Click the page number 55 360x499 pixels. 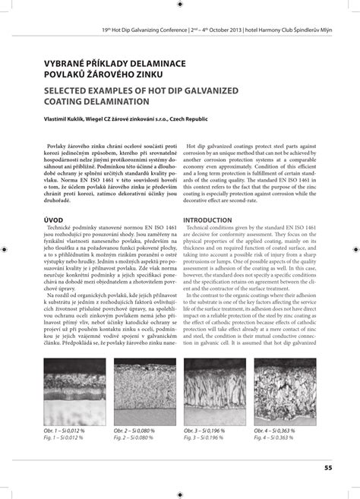pos(327,467)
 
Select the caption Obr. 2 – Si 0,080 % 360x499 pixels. pos(134,431)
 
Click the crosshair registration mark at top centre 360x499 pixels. pos(180,5)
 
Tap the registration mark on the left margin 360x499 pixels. pos(5,249)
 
